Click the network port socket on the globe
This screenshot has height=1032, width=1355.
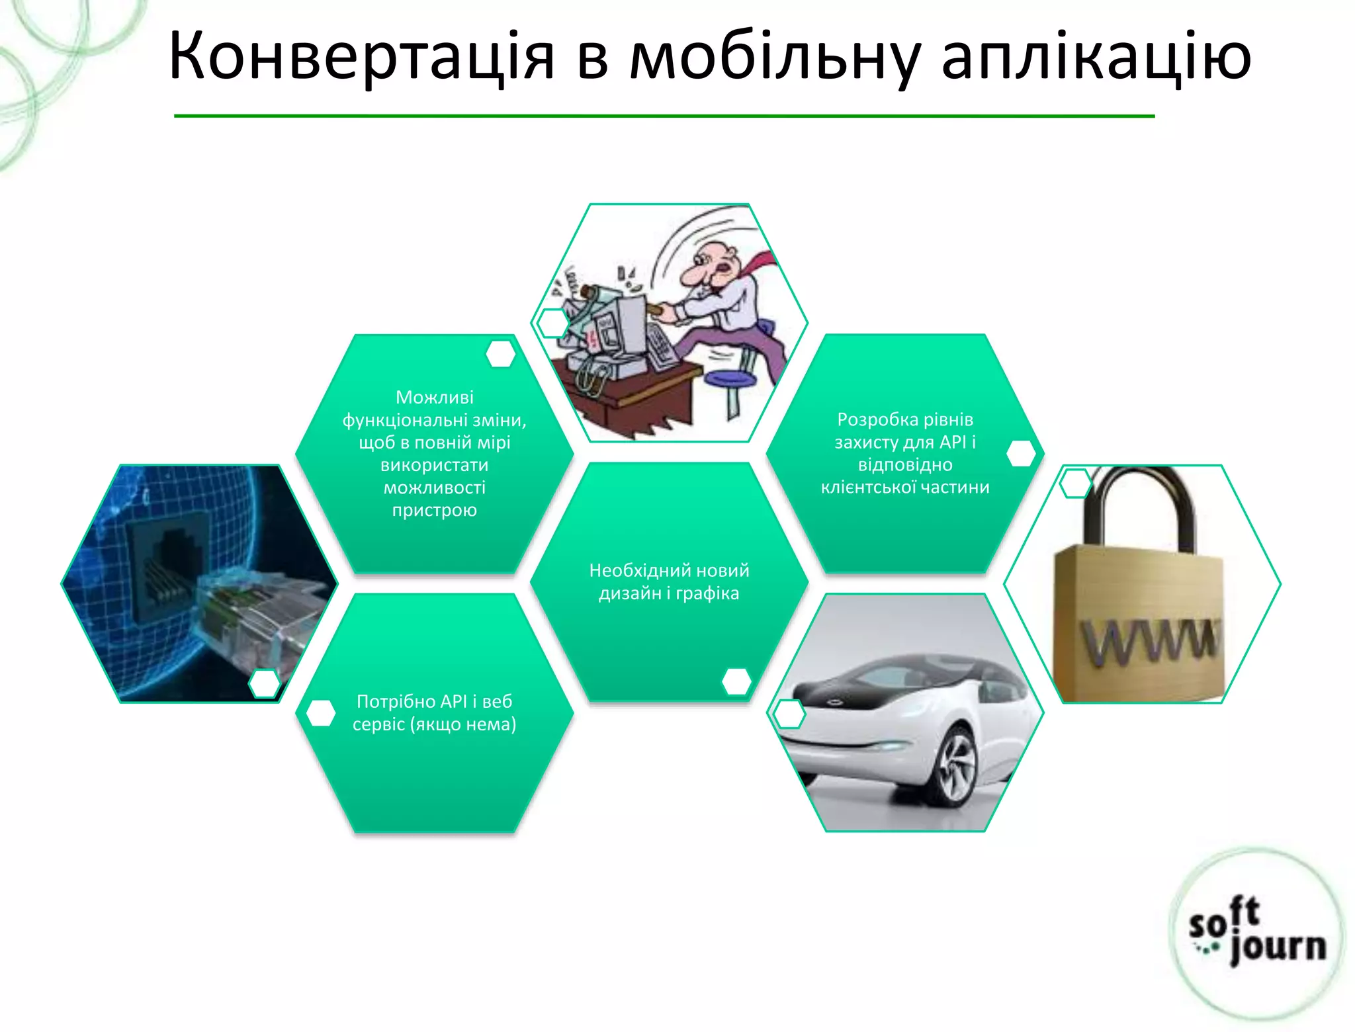point(169,562)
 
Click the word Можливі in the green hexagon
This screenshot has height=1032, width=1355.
point(434,397)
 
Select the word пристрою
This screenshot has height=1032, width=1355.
point(434,510)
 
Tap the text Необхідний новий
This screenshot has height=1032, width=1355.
point(669,570)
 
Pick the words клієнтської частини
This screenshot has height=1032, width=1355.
point(904,488)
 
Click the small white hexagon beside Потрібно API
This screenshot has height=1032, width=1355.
point(321,713)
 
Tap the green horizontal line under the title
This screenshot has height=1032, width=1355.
point(664,116)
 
